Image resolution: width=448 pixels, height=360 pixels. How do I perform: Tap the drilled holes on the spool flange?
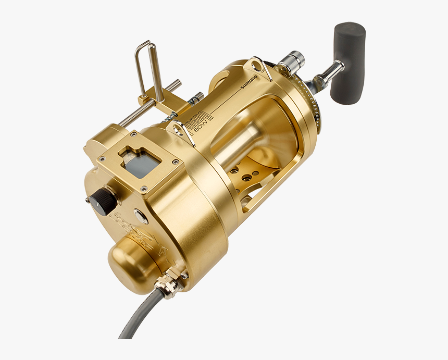coord(245,174)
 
